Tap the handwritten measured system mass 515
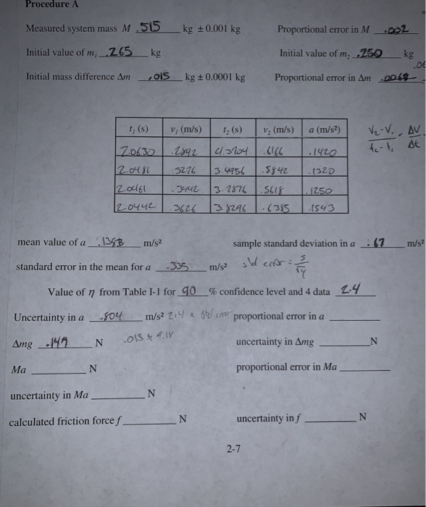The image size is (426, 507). (x=150, y=28)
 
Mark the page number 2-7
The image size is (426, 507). (x=233, y=450)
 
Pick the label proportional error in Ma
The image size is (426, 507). (x=286, y=368)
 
